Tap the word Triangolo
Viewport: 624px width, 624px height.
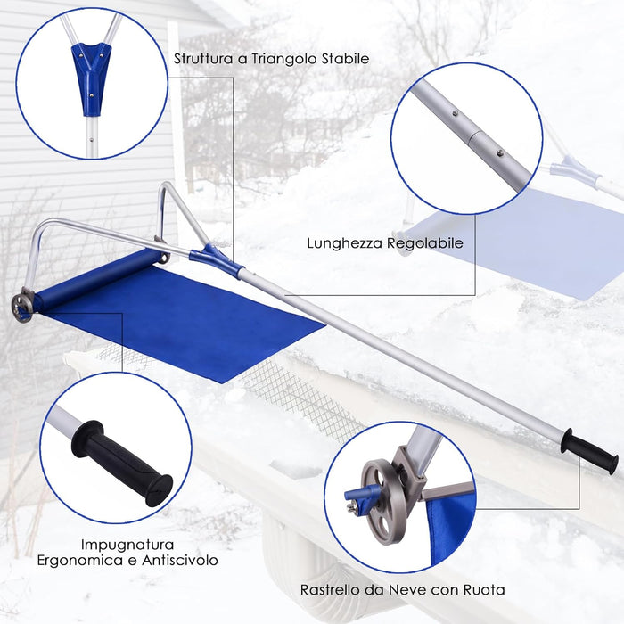(x=278, y=59)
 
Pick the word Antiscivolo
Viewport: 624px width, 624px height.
(x=180, y=562)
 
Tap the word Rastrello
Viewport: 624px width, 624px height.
(x=332, y=589)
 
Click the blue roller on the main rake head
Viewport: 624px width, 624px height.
(x=98, y=277)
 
